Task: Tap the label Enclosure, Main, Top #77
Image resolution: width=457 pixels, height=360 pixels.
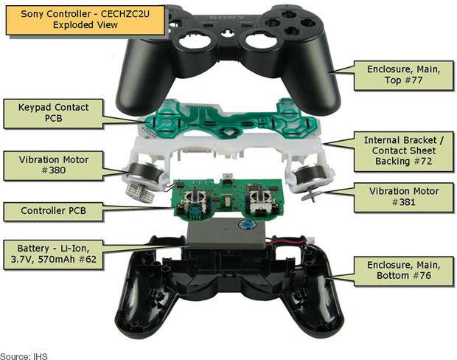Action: pos(403,77)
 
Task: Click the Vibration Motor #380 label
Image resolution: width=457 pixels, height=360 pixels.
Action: pos(53,165)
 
